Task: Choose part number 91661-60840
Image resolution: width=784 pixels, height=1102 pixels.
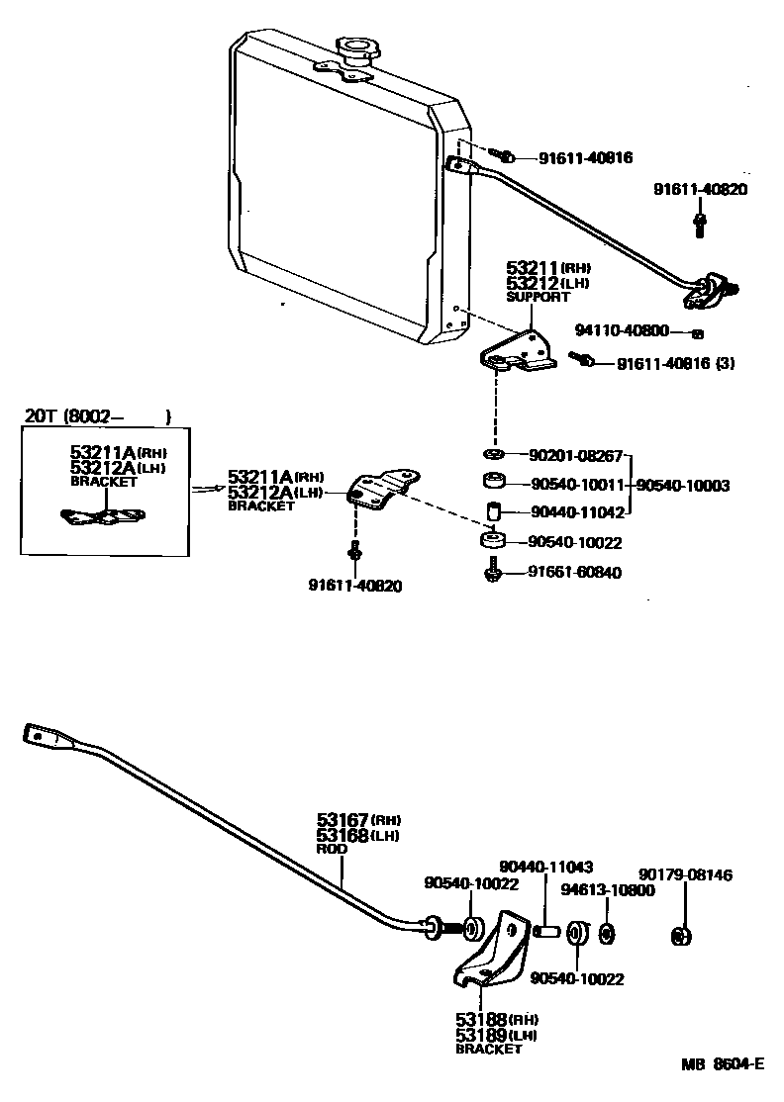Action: [574, 572]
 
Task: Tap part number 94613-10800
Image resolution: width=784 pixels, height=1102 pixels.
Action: [607, 890]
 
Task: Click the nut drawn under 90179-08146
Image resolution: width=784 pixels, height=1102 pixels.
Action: [680, 934]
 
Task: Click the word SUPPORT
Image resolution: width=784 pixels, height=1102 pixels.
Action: [539, 297]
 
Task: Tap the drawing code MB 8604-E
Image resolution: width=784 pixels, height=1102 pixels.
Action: [722, 1064]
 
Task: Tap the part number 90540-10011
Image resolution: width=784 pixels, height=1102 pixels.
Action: [576, 485]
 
